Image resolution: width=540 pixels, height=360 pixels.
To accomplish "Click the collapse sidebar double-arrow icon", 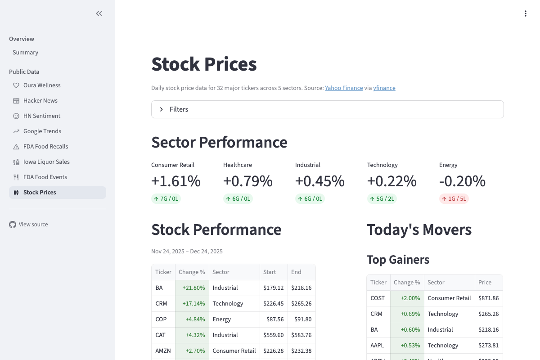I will (99, 13).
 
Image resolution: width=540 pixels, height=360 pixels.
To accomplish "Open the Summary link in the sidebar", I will (25, 53).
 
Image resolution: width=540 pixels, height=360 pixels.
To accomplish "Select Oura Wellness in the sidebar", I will (42, 85).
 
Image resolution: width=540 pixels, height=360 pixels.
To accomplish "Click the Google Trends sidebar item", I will (42, 131).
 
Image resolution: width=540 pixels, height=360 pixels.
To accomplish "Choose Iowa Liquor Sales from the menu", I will (46, 162).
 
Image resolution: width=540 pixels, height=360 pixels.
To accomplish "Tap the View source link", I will (33, 225).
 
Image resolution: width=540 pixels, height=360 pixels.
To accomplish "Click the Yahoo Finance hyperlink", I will (344, 88).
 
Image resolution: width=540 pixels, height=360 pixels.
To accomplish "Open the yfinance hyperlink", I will (384, 88).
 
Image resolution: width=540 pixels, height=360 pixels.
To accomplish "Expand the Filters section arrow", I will (162, 109).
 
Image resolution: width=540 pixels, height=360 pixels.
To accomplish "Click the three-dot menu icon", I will (525, 13).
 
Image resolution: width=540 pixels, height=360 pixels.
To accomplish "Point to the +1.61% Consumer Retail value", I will (175, 181).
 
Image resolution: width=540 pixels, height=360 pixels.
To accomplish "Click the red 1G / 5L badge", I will (454, 199).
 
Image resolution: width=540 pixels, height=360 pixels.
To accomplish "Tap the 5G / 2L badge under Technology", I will (382, 199).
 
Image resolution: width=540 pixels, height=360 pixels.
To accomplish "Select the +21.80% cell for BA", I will (193, 288).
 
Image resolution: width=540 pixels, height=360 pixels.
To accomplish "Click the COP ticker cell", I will (161, 319).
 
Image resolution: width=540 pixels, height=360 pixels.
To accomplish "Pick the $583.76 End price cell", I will (301, 335).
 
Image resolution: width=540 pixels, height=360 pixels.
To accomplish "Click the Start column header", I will (270, 272).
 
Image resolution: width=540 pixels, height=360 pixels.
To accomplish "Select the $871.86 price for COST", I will (488, 298).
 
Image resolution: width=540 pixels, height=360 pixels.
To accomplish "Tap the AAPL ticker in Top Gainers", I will (377, 346).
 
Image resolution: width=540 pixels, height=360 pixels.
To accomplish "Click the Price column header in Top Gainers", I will (485, 283).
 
